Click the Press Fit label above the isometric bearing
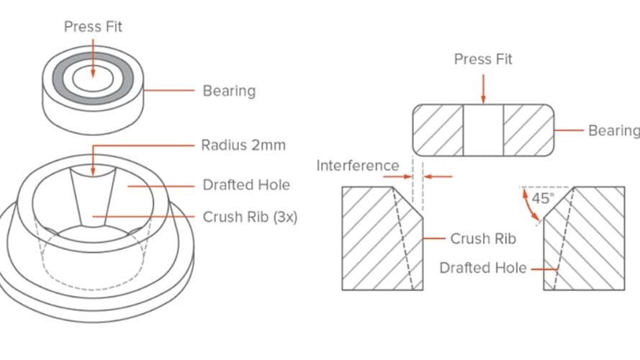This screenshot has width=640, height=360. (93, 27)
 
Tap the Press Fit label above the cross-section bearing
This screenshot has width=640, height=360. (483, 59)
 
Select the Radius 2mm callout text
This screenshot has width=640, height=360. (243, 145)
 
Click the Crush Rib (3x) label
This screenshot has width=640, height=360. (250, 217)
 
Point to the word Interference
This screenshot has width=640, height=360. (358, 166)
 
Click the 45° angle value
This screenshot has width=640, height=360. (543, 199)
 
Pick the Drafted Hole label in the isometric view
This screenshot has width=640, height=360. (246, 185)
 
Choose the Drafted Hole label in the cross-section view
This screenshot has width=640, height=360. (483, 268)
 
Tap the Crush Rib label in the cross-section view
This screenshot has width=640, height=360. (483, 239)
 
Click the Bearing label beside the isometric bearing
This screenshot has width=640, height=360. (229, 91)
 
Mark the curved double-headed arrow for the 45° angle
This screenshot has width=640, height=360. (529, 206)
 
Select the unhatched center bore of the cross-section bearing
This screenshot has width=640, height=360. (483, 130)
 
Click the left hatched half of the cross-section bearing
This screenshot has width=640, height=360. (438, 130)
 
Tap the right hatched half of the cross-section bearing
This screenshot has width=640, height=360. (528, 130)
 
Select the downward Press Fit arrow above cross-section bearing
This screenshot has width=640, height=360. (483, 89)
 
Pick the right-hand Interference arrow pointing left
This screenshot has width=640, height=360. (438, 176)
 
